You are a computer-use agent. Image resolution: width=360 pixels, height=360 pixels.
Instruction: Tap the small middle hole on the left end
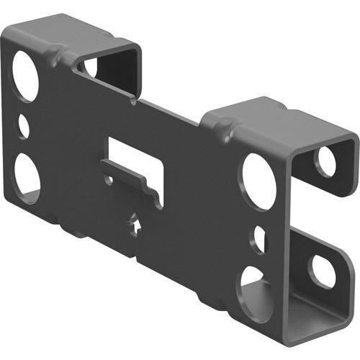tap(23, 127)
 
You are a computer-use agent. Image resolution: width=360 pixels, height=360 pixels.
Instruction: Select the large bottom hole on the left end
tap(27, 176)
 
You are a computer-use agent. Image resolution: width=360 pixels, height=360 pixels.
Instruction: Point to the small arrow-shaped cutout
tap(137, 225)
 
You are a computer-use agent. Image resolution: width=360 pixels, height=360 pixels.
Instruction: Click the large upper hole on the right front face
tap(259, 181)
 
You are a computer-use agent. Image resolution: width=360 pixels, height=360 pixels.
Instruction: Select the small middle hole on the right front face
tap(258, 239)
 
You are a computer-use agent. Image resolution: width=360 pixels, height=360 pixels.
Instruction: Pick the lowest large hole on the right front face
tap(256, 291)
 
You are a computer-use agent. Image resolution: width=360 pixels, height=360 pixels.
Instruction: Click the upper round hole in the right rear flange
tap(328, 161)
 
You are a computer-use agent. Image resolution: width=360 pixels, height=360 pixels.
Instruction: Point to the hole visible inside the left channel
tap(91, 68)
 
